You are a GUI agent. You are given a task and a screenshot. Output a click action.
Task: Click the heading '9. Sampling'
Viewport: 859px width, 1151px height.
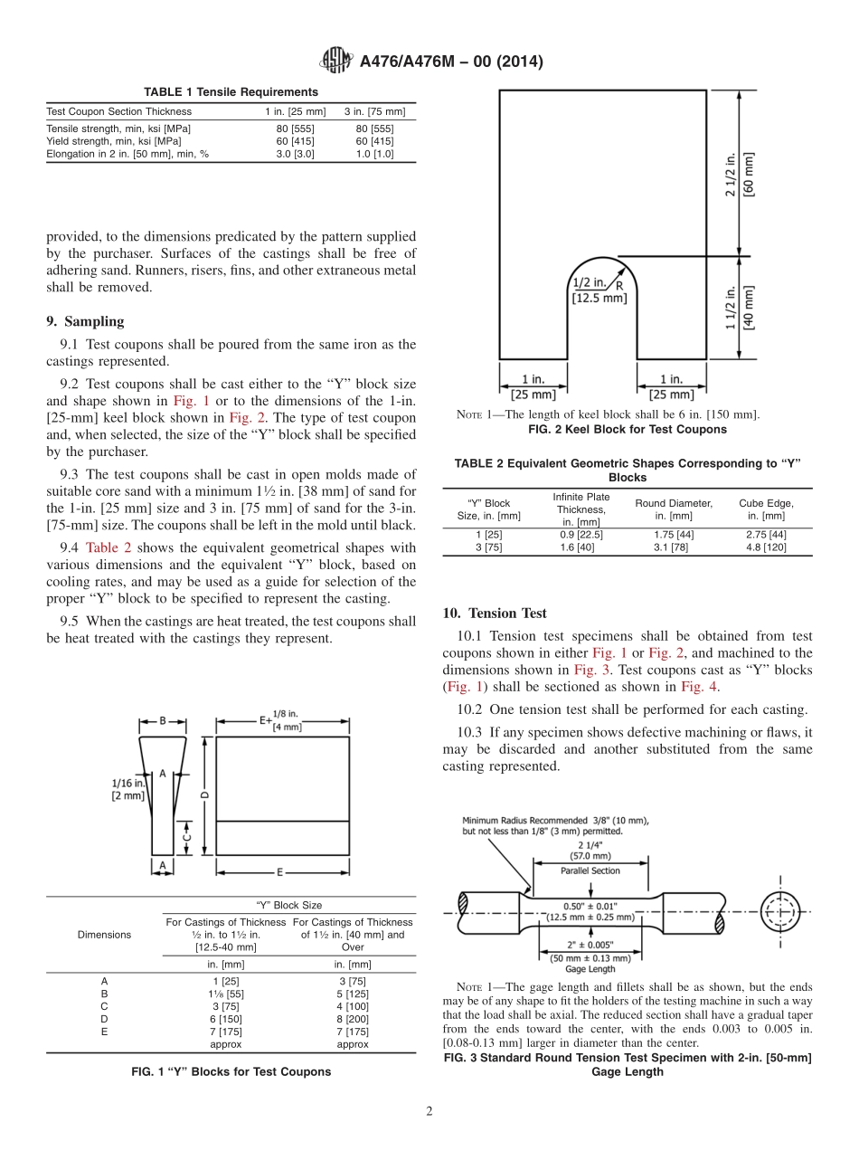(x=85, y=321)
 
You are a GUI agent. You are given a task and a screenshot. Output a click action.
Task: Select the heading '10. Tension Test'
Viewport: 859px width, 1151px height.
(x=495, y=614)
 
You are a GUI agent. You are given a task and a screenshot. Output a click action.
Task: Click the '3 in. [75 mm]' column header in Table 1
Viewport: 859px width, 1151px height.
(x=374, y=111)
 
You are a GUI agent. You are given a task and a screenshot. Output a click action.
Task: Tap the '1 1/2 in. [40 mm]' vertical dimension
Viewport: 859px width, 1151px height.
(x=740, y=308)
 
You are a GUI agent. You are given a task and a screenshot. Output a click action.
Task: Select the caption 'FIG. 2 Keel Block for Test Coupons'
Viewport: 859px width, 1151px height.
(x=627, y=429)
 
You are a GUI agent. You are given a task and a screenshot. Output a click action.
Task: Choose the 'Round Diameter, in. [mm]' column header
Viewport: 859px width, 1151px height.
(x=673, y=509)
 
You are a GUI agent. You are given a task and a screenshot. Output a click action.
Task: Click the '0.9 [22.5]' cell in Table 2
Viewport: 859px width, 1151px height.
(x=581, y=535)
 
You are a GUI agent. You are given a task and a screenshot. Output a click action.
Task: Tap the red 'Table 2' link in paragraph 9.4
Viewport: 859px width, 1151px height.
(x=109, y=547)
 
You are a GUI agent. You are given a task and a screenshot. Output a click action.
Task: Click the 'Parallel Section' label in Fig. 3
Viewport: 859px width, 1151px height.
(x=590, y=870)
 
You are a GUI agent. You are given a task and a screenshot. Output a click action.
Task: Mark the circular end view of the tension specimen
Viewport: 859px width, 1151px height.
(x=781, y=908)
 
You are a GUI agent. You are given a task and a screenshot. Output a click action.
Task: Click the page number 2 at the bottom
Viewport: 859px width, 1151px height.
(x=429, y=1111)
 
